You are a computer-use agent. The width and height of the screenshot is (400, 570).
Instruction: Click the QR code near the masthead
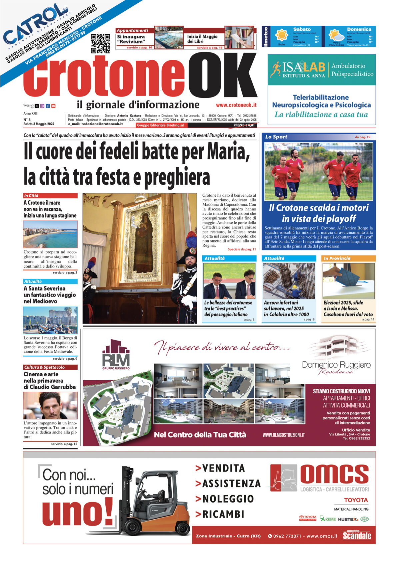(100, 43)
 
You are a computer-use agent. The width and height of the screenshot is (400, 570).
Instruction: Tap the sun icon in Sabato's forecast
(282, 35)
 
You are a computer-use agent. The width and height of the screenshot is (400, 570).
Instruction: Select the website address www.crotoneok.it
(236, 105)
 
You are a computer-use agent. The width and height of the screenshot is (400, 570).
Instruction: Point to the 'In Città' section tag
(31, 196)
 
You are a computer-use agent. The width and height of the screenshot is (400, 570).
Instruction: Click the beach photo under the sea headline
(50, 234)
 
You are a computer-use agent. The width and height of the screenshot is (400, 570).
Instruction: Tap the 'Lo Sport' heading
(276, 137)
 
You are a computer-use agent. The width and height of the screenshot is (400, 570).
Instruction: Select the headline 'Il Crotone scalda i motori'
(319, 208)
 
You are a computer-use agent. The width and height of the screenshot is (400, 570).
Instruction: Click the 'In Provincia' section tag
(337, 258)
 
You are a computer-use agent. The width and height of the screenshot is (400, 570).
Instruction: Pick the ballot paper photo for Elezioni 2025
(348, 281)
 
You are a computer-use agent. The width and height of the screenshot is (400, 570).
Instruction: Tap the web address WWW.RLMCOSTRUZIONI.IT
(283, 435)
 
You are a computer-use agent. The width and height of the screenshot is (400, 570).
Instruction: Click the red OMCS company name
(334, 474)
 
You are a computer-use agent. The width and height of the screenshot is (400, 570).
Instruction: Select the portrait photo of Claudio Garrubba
(50, 406)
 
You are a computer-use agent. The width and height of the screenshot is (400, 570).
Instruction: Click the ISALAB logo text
(303, 67)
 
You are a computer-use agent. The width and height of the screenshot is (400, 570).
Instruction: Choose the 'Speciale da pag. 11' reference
(242, 249)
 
